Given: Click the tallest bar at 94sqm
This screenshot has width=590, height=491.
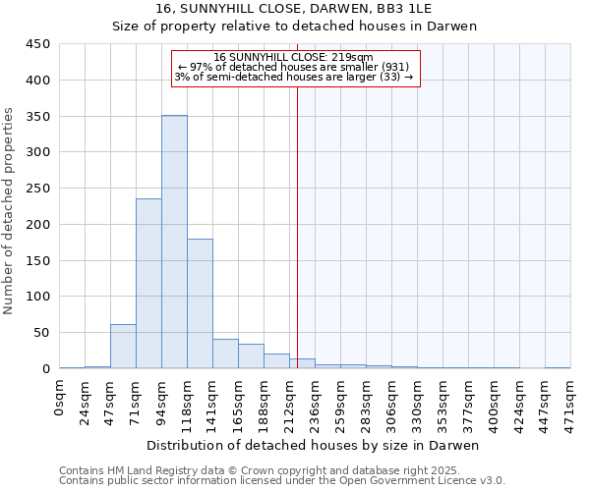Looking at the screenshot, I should [x=174, y=242].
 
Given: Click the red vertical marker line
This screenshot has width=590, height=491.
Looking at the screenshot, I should [x=297, y=226].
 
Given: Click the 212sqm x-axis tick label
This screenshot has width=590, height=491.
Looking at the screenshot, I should [x=290, y=401].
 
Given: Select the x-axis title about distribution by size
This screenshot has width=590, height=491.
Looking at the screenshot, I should [x=315, y=445].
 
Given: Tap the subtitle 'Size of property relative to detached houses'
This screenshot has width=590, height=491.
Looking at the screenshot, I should [x=294, y=27].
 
